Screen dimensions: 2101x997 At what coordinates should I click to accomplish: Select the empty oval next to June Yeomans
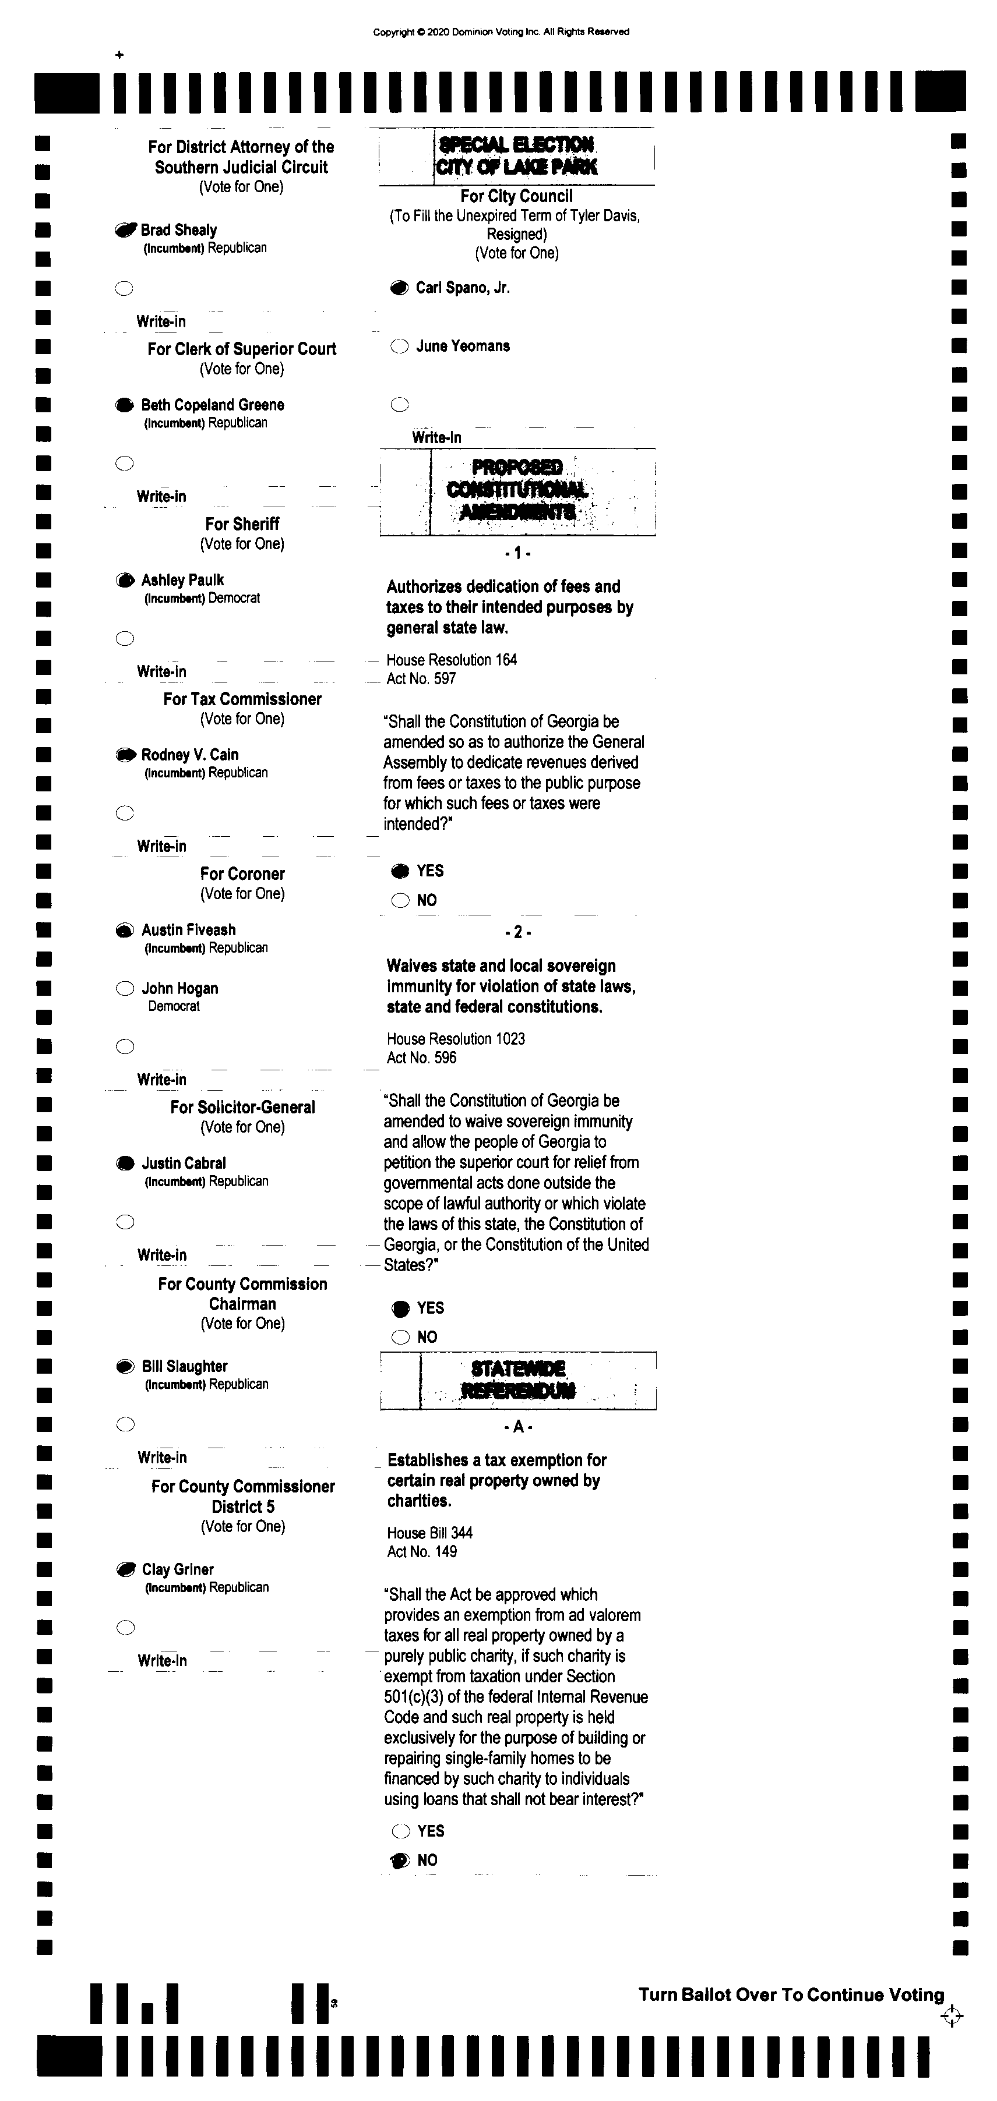click(x=399, y=346)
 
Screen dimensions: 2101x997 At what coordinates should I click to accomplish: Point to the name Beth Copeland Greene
click(x=212, y=405)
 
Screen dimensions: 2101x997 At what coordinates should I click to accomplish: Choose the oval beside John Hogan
click(x=125, y=989)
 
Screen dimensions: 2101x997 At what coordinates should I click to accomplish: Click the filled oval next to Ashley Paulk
click(x=125, y=581)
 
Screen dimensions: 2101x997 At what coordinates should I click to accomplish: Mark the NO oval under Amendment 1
click(x=400, y=900)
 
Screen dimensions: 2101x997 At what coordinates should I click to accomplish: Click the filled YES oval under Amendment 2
click(x=400, y=1308)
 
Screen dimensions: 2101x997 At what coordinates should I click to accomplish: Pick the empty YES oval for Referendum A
click(x=400, y=1831)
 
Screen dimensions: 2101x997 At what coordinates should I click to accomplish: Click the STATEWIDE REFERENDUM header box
click(x=518, y=1380)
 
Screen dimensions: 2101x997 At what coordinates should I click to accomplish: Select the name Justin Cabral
click(x=184, y=1163)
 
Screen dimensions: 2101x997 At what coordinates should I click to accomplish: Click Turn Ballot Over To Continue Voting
click(x=791, y=1994)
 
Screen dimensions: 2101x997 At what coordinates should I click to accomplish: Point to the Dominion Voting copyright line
click(x=501, y=33)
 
